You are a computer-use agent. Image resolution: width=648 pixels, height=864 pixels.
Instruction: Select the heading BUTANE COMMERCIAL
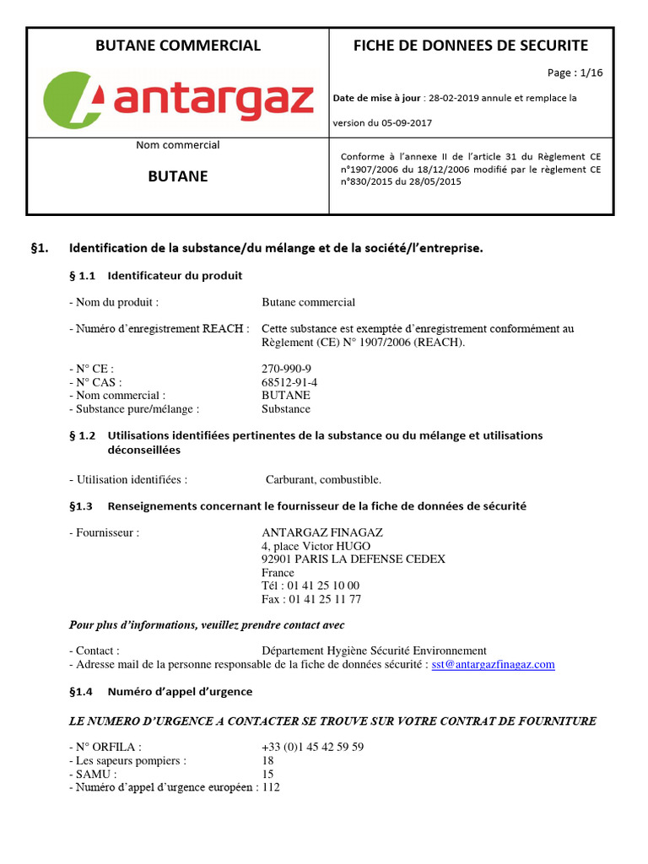[x=178, y=46]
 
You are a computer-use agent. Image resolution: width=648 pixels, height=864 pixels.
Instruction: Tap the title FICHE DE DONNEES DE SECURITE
[x=471, y=46]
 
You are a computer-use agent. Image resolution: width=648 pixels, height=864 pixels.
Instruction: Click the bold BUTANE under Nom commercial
[x=178, y=177]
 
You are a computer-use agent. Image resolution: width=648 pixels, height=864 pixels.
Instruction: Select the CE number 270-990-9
[x=286, y=369]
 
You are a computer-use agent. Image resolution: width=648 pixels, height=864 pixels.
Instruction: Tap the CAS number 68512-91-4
[x=289, y=382]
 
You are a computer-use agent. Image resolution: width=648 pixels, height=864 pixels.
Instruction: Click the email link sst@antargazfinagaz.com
[x=493, y=665]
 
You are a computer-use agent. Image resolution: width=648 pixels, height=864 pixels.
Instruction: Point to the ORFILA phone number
[x=313, y=748]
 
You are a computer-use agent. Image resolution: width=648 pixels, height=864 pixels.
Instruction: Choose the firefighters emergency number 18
[x=268, y=760]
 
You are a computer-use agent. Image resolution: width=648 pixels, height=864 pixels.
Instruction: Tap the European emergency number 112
[x=271, y=787]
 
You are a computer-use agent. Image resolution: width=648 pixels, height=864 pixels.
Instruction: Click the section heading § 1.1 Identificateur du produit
[x=155, y=276]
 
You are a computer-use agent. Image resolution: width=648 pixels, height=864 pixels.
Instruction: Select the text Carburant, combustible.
[x=324, y=480]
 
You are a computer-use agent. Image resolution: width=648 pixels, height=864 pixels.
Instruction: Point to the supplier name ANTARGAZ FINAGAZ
[x=322, y=532]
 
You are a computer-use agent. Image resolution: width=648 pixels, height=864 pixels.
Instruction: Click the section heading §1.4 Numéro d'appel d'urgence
[x=160, y=692]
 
